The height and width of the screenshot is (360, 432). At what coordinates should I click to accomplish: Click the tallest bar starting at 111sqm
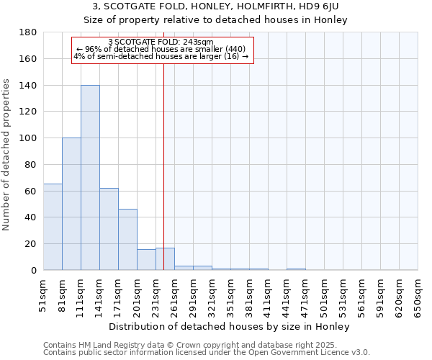coord(90,178)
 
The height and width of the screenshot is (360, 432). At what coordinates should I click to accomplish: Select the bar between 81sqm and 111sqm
coord(71,204)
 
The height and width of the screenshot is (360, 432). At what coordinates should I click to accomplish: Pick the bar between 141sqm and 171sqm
coord(109,229)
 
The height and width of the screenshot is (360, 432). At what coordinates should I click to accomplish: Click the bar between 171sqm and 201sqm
coord(127,240)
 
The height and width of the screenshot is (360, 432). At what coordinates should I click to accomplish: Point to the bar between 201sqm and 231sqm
coord(146,260)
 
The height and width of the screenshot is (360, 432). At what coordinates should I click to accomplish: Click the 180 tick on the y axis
coord(29,32)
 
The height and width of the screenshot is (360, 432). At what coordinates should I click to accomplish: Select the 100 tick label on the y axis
coord(29,138)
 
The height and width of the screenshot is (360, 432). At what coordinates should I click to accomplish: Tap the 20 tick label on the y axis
coord(32,244)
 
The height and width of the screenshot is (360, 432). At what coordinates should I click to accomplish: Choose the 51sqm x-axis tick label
coord(44,294)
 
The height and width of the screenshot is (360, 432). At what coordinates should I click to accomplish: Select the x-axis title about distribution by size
coord(230,327)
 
